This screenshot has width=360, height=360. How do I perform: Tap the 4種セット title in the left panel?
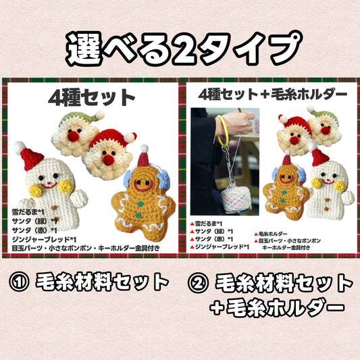92,97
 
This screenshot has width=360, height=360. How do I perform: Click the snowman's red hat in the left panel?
30,157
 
